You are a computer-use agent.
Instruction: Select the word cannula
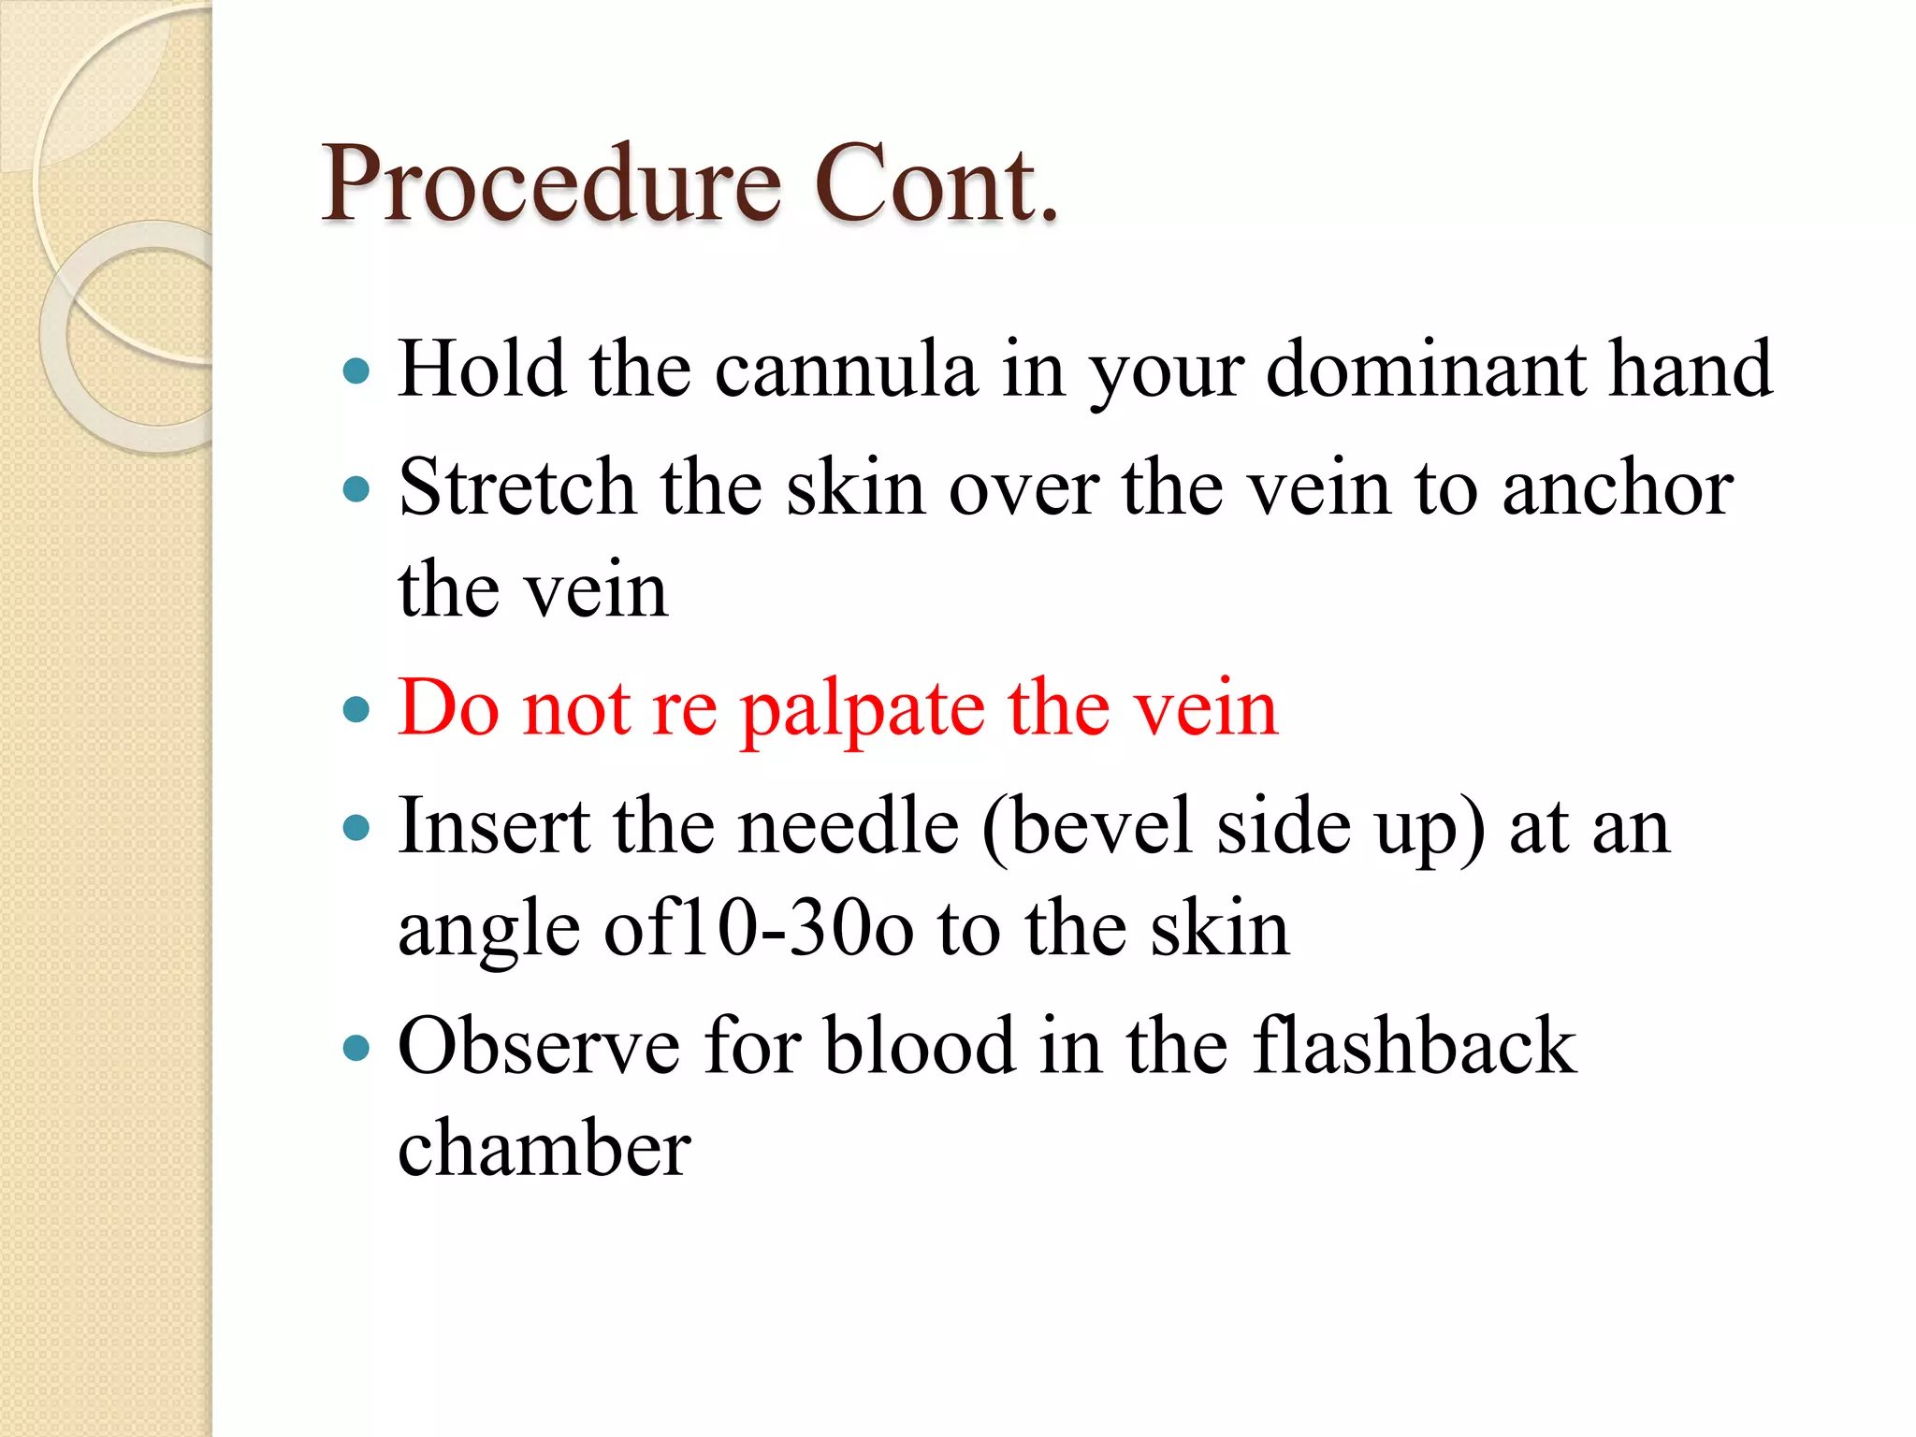pos(847,370)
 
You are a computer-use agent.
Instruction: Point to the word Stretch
pos(517,487)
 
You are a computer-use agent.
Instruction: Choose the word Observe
pos(539,1046)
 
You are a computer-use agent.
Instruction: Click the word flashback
pos(1415,1046)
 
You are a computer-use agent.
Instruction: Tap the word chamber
pos(544,1148)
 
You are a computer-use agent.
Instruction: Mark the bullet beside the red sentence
pos(356,710)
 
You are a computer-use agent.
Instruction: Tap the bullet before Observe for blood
pos(356,1048)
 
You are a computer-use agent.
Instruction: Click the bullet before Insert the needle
pos(356,828)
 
